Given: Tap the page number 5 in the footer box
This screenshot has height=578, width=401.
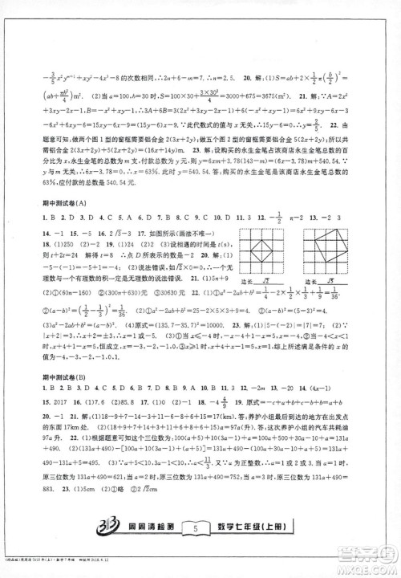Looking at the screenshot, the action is pos(195,548).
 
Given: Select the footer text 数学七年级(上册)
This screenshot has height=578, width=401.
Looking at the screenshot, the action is pos(257,548).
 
